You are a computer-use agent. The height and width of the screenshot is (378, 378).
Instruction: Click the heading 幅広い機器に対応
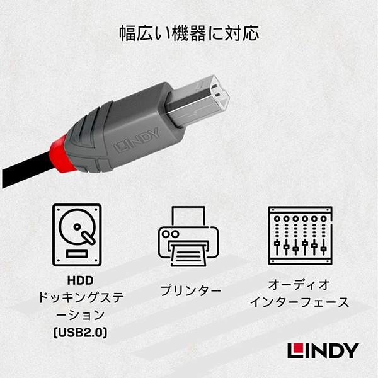point(189,33)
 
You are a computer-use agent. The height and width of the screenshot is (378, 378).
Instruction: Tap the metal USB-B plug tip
point(198,101)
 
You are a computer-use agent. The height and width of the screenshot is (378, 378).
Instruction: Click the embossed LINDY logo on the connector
point(137,140)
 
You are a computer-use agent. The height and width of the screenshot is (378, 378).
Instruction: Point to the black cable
point(26,169)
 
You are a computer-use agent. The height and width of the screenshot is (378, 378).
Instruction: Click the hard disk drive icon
point(77,235)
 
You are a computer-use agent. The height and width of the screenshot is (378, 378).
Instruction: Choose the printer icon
point(188,236)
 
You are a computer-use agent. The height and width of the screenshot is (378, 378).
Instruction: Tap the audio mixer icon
point(301,236)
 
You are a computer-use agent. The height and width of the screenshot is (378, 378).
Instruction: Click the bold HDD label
point(80,280)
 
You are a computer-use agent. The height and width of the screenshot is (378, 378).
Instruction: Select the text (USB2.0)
point(80,333)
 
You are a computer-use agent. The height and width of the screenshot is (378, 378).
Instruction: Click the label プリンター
point(190,290)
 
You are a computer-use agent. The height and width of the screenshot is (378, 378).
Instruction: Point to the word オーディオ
point(299,285)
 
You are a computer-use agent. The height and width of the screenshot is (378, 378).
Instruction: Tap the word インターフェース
point(299,302)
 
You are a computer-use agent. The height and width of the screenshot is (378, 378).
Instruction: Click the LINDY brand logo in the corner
point(323,351)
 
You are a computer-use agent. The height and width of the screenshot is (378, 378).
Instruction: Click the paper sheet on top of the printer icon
point(188,215)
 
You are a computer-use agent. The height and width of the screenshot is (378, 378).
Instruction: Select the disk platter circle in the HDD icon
point(77,227)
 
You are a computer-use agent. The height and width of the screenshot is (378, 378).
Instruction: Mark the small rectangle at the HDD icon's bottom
point(77,254)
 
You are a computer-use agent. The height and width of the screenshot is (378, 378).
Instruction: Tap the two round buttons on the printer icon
point(171,234)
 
